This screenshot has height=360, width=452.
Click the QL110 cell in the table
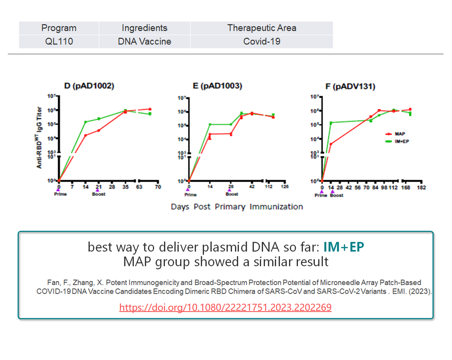click(59, 41)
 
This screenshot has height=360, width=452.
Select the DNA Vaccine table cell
click(144, 41)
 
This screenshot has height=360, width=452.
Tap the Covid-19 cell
click(262, 41)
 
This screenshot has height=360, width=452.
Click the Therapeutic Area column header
click(262, 28)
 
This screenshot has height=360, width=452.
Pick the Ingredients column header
click(144, 28)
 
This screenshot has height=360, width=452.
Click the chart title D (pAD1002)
click(89, 87)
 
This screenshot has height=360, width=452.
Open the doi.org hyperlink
click(225, 307)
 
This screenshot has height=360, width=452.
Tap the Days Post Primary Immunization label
click(237, 207)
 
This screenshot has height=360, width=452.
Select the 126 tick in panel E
click(285, 187)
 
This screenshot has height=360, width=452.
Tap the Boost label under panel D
click(98, 194)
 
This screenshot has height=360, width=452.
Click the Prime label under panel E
click(190, 195)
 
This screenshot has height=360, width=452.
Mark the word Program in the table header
click(59, 28)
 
